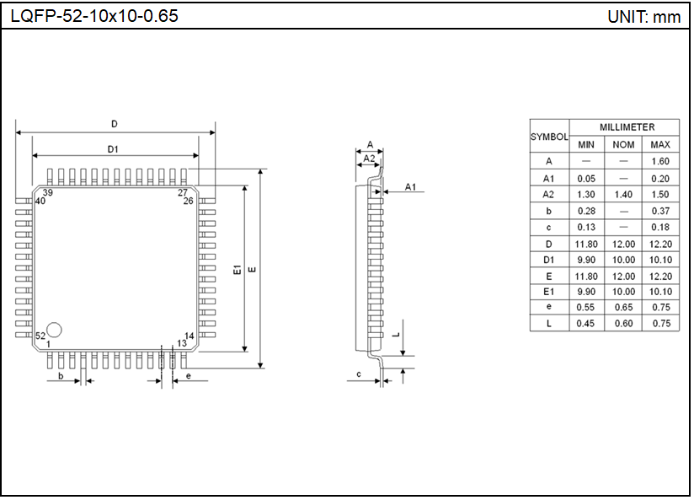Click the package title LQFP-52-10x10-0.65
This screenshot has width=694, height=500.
pos(94,16)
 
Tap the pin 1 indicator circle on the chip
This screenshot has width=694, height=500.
pos(54,329)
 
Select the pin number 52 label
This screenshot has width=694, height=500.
pos(40,336)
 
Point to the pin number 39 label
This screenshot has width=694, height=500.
pos(48,193)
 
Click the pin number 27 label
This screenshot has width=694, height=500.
pos(183,193)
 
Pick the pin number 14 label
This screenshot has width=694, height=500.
pos(189,336)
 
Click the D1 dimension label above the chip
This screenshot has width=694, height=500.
pos(113,148)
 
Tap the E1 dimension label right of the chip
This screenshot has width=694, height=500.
pos(238,269)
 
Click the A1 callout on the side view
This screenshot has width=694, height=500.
pos(410,186)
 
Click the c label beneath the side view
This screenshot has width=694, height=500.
pos(358,374)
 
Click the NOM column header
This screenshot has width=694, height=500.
pos(623,144)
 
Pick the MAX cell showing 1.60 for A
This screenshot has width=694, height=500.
pos(660,161)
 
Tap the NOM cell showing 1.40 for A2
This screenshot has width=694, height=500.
pos(623,194)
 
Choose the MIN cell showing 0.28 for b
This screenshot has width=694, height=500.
pos(586,211)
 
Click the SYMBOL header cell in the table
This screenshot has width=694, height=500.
pos(549,136)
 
